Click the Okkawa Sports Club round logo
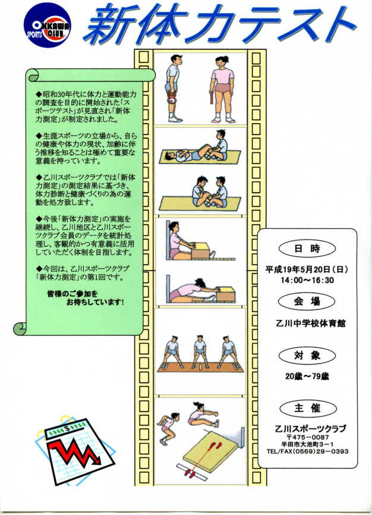tap(48, 25)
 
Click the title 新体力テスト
tap(219, 26)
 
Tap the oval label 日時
tap(307, 249)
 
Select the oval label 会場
tap(307, 301)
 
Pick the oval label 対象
tap(307, 356)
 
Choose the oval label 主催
tap(308, 409)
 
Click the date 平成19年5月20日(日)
tap(307, 269)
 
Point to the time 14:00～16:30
tap(307, 280)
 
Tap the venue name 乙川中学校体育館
tap(311, 323)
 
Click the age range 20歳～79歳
tap(307, 376)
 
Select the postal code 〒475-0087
tap(308, 437)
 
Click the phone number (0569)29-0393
tap(320, 451)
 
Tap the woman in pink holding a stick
tap(222, 89)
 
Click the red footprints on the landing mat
tap(216, 445)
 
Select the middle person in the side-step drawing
tap(200, 352)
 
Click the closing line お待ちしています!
tap(95, 302)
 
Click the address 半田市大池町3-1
tap(307, 444)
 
